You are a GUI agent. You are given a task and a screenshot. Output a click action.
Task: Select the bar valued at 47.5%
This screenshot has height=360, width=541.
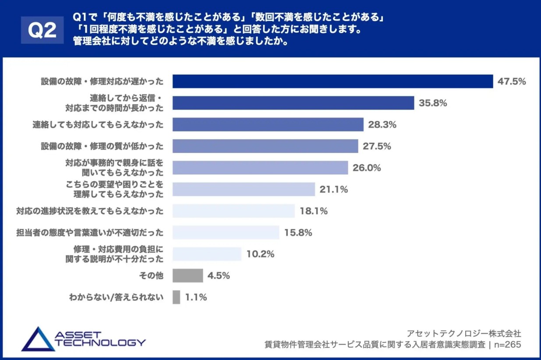point(333,81)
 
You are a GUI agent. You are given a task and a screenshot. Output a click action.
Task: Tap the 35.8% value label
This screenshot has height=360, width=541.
point(433,103)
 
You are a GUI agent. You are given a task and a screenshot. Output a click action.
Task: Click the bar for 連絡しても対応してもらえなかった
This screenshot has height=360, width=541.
point(268,124)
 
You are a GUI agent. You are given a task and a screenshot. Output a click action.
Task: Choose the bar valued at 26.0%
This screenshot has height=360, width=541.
point(260,168)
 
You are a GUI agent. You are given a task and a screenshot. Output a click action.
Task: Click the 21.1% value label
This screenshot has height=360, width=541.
point(334,189)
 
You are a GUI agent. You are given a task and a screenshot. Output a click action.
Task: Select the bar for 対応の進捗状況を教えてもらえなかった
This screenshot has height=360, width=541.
point(233,211)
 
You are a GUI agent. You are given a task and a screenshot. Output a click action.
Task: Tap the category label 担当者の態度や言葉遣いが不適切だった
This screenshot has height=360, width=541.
point(89,233)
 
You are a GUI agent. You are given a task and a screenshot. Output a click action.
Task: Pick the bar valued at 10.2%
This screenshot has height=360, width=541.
point(207,254)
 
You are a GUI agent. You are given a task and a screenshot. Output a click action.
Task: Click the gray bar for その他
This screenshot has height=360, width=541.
point(187,275)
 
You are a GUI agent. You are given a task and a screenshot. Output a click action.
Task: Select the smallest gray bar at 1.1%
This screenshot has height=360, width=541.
point(176,297)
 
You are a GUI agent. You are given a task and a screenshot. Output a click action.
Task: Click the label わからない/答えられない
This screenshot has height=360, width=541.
point(116,297)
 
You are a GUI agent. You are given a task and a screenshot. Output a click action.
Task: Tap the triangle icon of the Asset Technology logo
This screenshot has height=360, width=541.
point(37,339)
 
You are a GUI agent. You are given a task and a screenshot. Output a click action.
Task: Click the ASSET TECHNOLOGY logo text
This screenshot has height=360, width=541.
point(100,339)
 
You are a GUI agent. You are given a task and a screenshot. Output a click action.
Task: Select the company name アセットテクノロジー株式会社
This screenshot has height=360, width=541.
point(464,334)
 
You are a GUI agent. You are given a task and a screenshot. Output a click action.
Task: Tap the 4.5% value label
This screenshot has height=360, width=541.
point(219,276)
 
